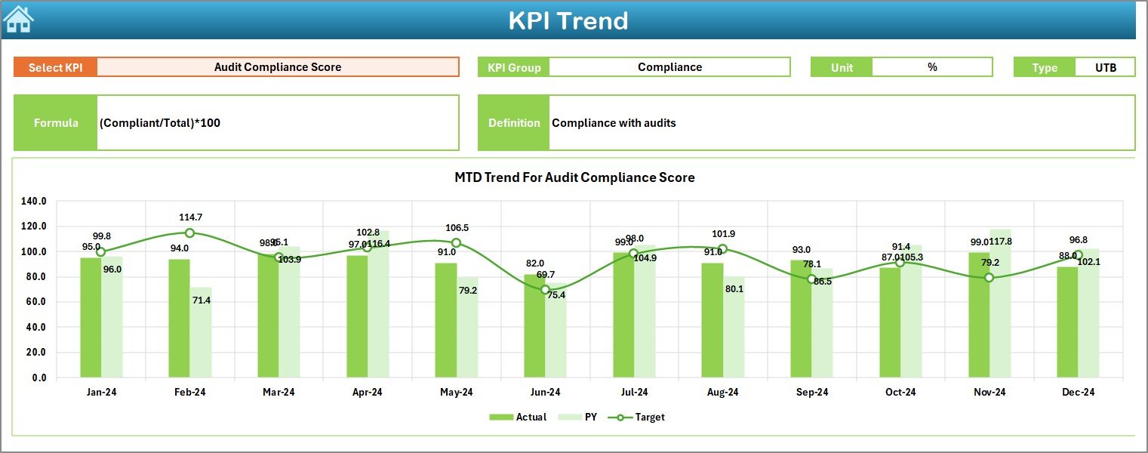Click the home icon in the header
pos(18,19)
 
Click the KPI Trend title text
pos(568,20)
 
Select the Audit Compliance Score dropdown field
pos(278,67)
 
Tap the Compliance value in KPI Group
pos(669,67)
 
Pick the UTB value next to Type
pos(1106,67)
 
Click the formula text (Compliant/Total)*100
pos(160,122)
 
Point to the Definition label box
pos(514,122)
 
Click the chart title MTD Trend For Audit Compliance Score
pos(574,177)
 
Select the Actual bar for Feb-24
pos(179,318)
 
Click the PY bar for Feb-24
pos(201,332)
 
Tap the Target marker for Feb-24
pos(189,233)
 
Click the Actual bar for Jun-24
pos(534,325)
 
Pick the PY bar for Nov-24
pos(1000,303)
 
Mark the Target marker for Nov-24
pos(989,278)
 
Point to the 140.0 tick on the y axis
pos(34,202)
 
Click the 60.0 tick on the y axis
pos(34,302)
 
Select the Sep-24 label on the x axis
pos(812,393)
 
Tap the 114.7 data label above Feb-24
pos(189,217)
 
